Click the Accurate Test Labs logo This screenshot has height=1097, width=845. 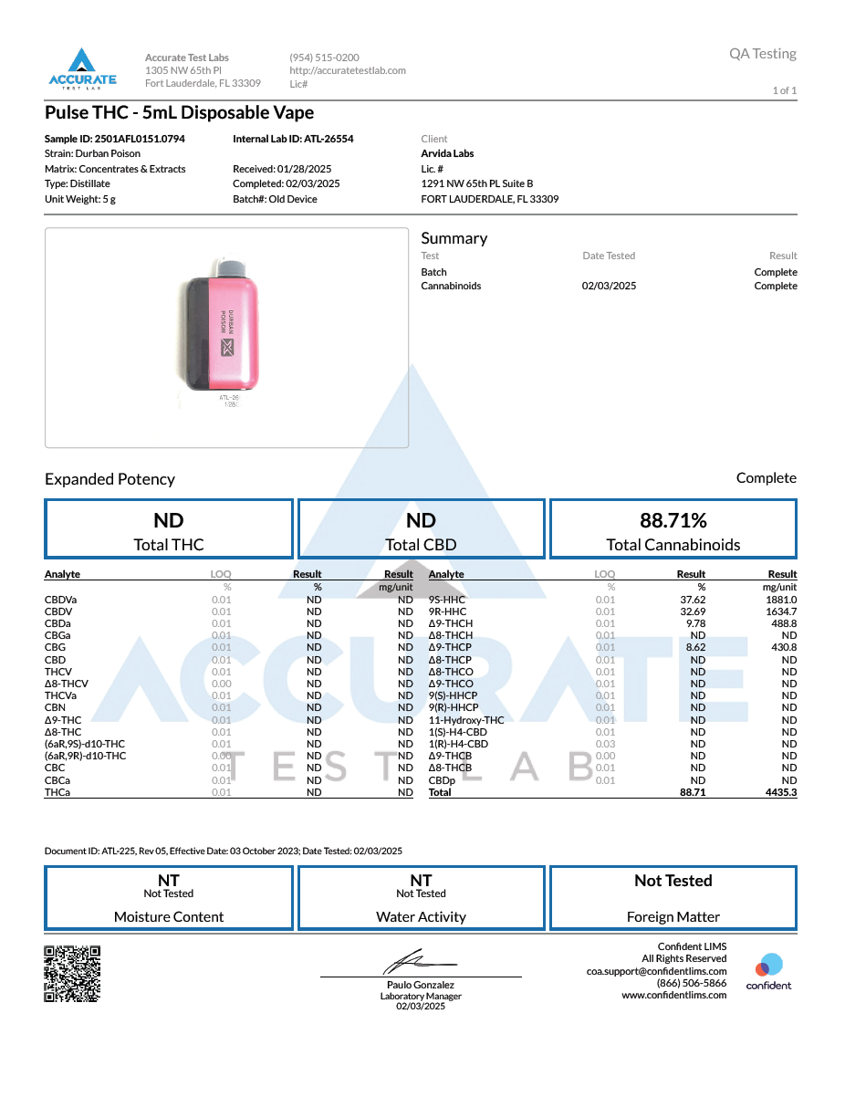point(82,68)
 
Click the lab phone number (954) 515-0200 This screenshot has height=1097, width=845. point(324,57)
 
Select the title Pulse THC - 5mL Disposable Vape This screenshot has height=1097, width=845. point(179,113)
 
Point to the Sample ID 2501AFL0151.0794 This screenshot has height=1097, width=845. point(115,139)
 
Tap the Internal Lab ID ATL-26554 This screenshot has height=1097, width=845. point(293,139)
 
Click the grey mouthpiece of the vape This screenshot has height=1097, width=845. point(232,266)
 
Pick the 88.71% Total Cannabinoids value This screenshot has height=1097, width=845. point(673,520)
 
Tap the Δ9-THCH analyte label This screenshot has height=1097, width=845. point(451,623)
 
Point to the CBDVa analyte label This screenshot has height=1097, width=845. point(60,600)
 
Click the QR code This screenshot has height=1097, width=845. point(72,974)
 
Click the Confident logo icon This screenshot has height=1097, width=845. point(769,965)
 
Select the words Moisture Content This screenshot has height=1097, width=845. point(169,916)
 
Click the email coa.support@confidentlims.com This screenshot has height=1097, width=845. point(656,971)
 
